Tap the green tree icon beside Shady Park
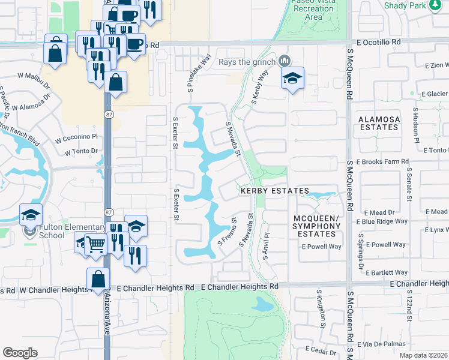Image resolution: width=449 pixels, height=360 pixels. [435, 5]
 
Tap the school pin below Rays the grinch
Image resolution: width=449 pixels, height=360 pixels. [292, 79]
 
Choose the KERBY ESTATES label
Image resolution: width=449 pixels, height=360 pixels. [274, 191]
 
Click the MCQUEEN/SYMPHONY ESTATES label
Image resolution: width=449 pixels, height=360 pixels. [317, 226]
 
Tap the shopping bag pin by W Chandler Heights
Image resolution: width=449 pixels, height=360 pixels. [98, 280]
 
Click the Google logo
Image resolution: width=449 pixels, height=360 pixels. [20, 353]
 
